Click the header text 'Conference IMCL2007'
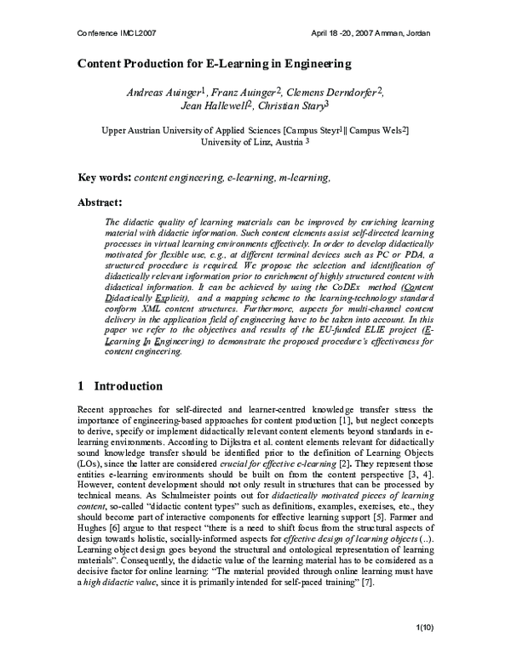[113, 32]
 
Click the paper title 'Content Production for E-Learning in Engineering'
[215, 65]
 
